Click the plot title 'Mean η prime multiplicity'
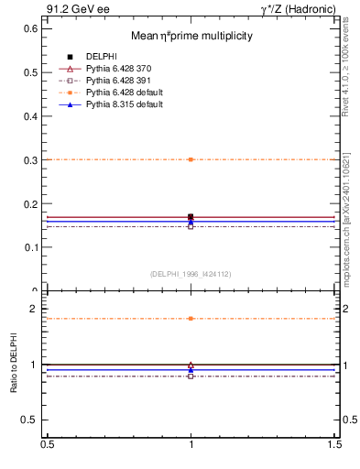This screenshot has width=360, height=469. pyautogui.click(x=191, y=37)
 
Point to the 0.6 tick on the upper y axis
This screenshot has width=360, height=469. pyautogui.click(x=29, y=28)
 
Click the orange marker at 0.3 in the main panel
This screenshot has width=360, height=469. pyautogui.click(x=191, y=159)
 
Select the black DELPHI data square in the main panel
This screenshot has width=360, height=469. pyautogui.click(x=191, y=217)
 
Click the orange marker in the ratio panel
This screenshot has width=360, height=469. pyautogui.click(x=191, y=319)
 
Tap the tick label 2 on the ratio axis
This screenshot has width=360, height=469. pyautogui.click(x=35, y=309)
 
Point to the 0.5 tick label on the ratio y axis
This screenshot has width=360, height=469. pyautogui.click(x=29, y=420)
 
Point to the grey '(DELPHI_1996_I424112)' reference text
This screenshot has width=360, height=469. pyautogui.click(x=191, y=274)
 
